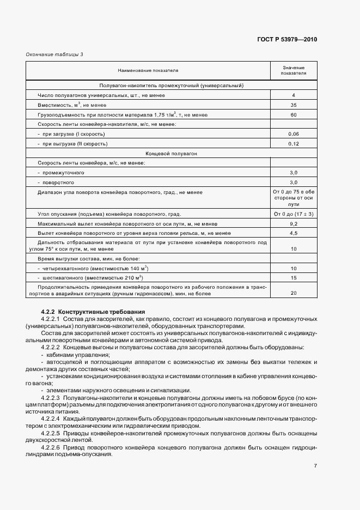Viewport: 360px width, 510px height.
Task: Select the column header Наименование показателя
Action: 148,70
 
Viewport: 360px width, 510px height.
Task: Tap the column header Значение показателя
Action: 293,70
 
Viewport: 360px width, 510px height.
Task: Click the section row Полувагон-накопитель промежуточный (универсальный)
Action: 171,86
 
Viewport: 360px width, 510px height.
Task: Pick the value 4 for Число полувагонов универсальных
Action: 293,95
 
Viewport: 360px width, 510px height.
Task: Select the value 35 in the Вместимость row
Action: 293,105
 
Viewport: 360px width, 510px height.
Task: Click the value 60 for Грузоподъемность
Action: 293,114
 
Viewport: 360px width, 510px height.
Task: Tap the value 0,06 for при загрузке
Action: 293,133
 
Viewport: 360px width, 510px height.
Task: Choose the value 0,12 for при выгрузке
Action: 293,143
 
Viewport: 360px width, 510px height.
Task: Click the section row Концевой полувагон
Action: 171,153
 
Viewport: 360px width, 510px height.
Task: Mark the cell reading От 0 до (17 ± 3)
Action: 293,214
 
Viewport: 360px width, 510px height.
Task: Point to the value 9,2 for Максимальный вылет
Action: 293,223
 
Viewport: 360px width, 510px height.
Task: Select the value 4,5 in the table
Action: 293,233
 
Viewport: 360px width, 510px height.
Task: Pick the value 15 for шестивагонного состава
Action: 293,278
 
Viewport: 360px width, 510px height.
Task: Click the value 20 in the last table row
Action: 293,293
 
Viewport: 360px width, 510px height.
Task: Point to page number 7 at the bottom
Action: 315,465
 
